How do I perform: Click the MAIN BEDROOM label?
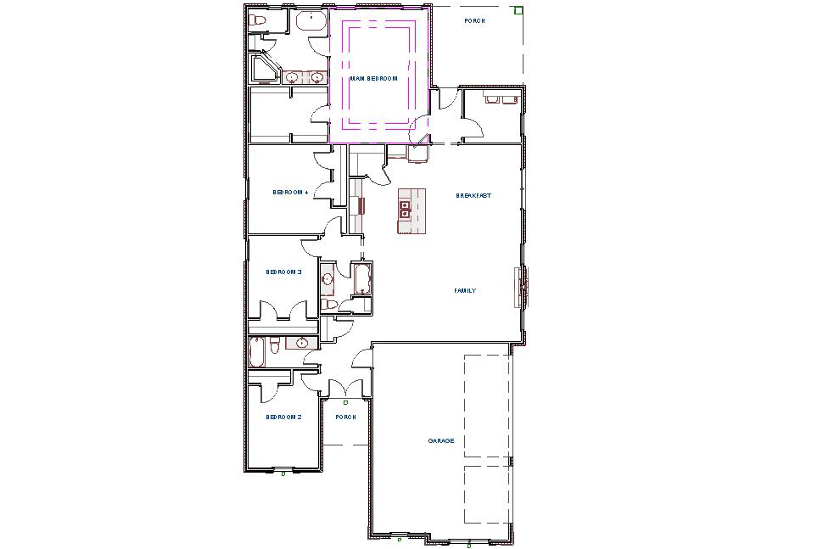pos(373,79)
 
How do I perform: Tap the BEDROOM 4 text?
pos(290,193)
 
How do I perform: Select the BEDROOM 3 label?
pos(284,272)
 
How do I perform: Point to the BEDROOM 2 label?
pos(284,417)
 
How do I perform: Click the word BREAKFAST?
pos(473,196)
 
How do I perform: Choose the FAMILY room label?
pos(465,291)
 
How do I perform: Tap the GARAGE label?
pos(440,441)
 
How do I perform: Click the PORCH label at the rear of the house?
pos(474,20)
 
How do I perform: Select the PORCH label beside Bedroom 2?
pos(345,417)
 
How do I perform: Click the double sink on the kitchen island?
pos(406,210)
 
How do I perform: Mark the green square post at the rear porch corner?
pos(518,11)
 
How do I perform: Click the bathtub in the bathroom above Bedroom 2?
pos(256,352)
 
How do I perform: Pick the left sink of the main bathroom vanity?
pos(292,78)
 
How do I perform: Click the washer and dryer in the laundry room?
pos(500,99)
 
